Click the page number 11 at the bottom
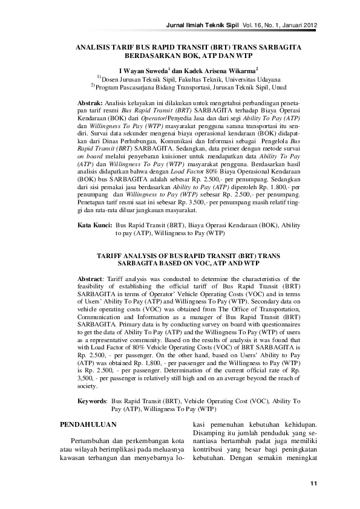coord(313,484)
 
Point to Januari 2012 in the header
coord(297,24)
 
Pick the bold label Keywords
coord(93,401)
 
